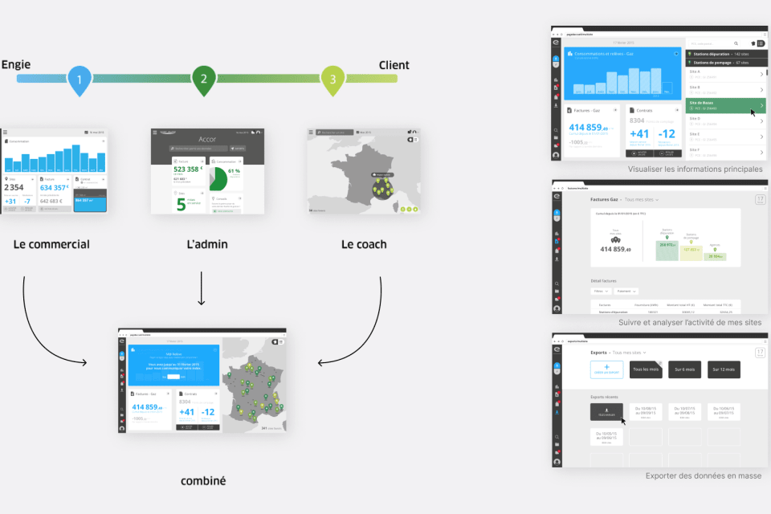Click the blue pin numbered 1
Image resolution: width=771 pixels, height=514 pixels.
pos(80,79)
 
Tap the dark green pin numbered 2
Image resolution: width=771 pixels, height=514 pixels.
pos(204,79)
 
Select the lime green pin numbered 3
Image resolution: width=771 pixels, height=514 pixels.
pos(332,79)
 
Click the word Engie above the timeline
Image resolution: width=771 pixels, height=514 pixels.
pos(16,65)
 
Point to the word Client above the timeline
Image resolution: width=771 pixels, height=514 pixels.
pos(394,65)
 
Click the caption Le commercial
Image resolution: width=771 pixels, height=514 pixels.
pos(51,244)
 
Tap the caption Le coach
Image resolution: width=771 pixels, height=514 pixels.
pos(364,244)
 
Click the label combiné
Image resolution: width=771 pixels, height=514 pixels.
pos(203,481)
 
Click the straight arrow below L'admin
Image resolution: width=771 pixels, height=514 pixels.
pos(202,289)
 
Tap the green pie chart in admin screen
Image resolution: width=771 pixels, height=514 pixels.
pos(219,178)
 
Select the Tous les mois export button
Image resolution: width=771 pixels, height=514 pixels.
pos(647,369)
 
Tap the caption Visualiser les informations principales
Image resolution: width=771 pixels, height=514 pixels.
pos(696,169)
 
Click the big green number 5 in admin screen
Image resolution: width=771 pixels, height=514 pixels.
pos(182,203)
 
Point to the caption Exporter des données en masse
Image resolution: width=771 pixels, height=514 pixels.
pos(704,475)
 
